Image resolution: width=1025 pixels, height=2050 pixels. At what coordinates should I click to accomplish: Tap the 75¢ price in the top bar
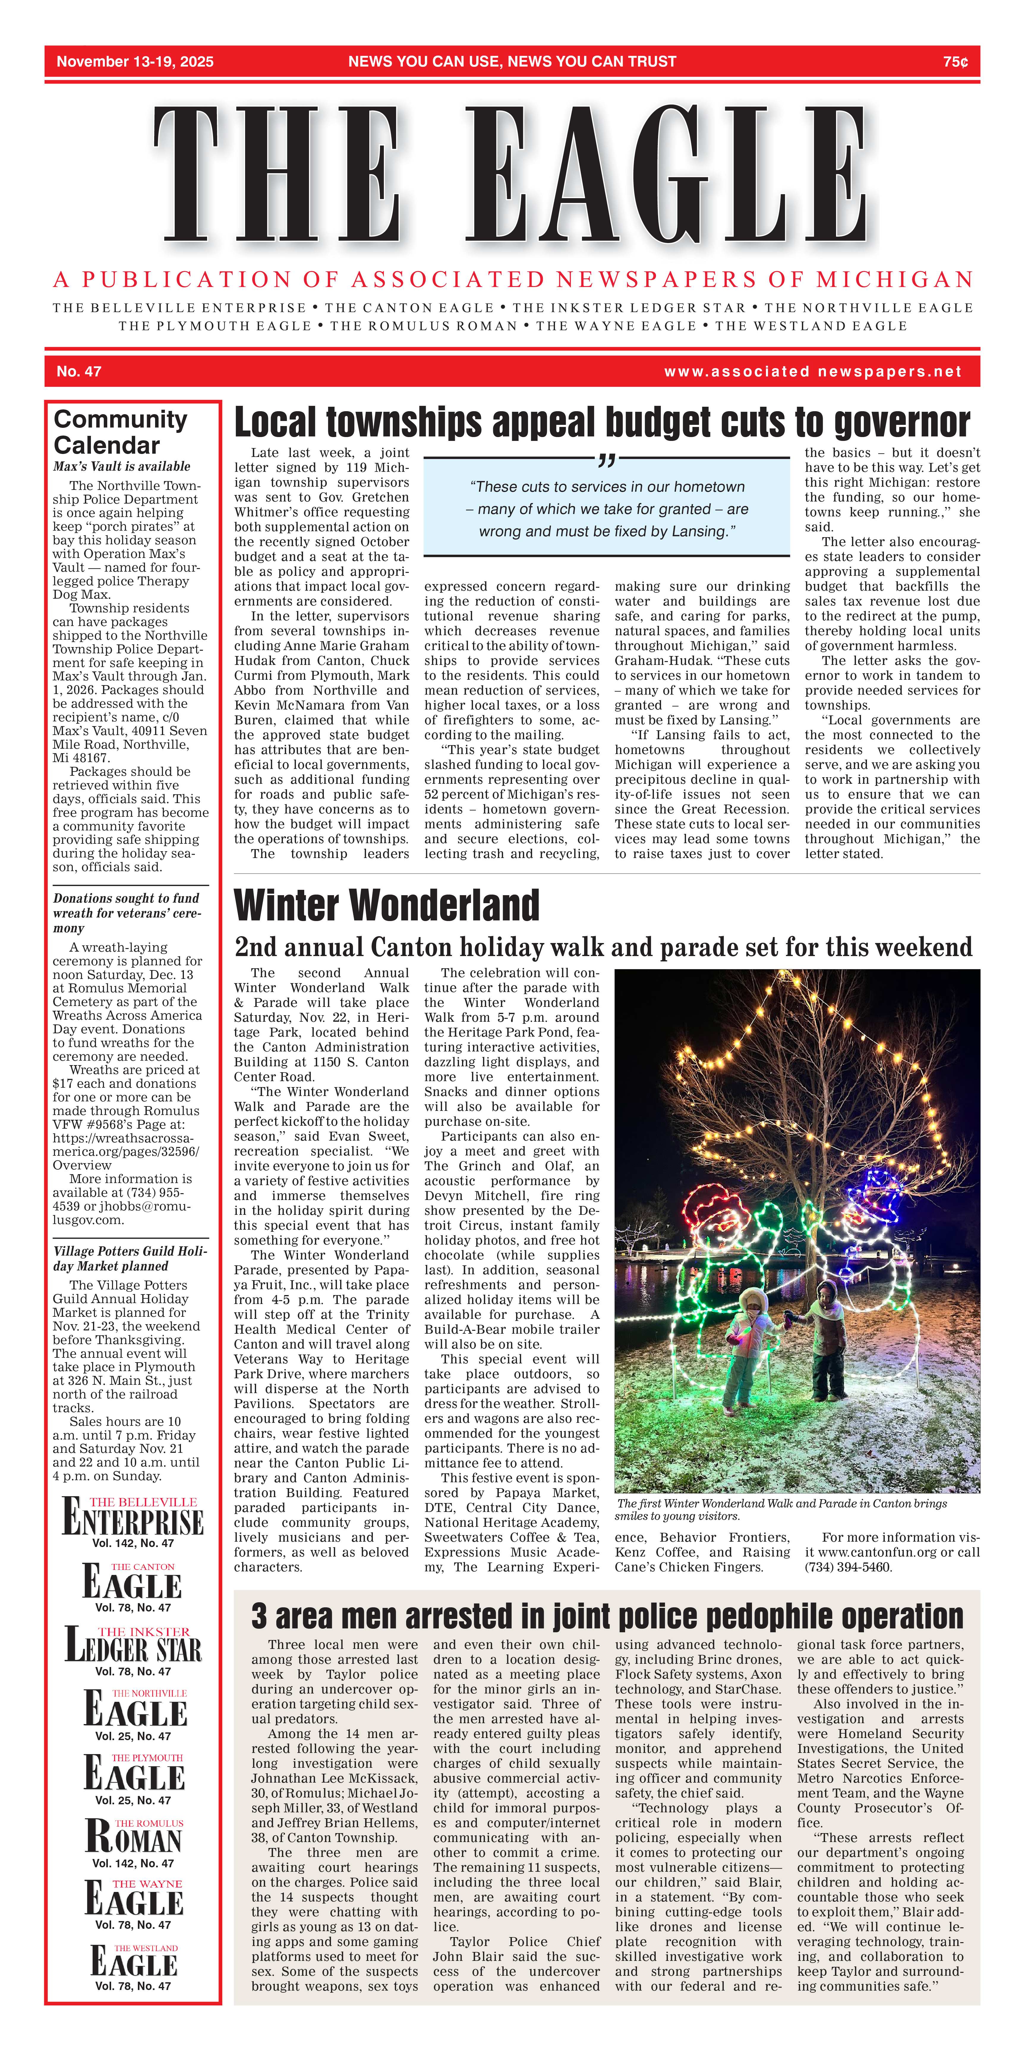955,62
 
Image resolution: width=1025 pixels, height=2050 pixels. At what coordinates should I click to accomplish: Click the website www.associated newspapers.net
812,372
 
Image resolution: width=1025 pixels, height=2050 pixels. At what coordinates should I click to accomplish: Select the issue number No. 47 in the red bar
79,372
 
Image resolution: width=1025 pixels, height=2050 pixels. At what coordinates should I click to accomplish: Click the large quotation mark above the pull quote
606,460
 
